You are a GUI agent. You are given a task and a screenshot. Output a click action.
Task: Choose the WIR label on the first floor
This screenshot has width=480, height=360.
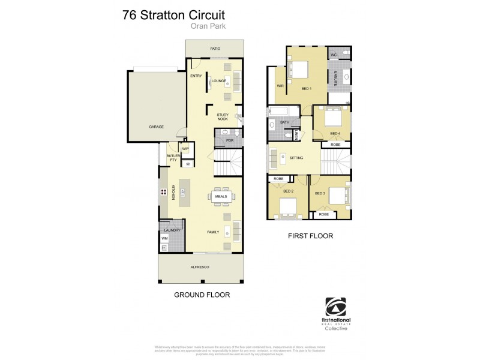pos(280,86)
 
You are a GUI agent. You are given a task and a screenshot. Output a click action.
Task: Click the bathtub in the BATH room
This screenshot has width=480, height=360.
pos(280,110)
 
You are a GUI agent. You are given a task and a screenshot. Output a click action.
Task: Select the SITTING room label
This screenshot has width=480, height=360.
pos(296,158)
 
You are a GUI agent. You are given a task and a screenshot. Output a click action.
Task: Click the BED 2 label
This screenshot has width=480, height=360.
pos(288,191)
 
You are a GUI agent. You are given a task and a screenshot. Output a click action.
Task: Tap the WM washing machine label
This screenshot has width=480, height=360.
pos(164,239)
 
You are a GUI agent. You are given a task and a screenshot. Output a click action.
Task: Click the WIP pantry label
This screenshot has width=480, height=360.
pos(185,149)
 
